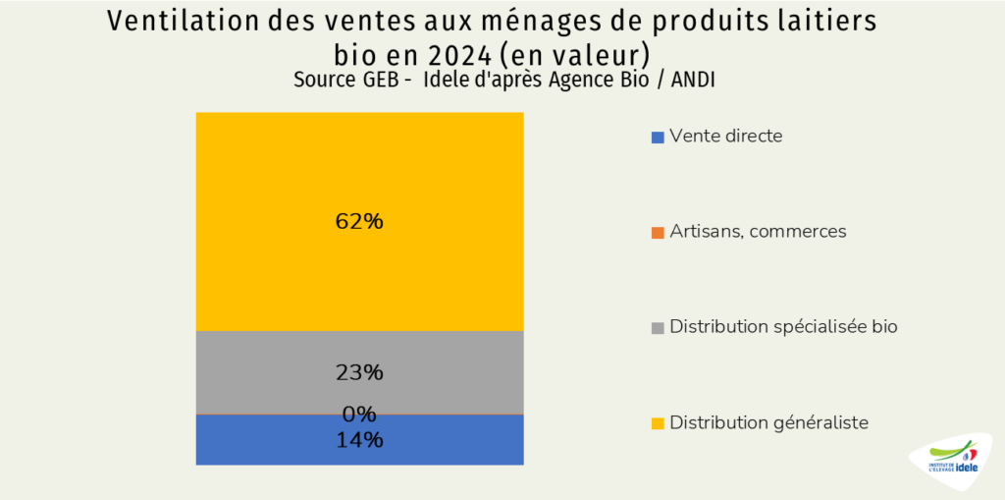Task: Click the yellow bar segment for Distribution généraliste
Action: point(359,177)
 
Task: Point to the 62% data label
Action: point(359,222)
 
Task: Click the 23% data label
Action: point(359,373)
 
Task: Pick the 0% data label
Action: point(359,414)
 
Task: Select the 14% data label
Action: point(359,440)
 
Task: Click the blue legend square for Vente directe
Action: point(658,138)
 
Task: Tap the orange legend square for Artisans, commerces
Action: point(658,233)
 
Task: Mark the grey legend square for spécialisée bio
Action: point(658,328)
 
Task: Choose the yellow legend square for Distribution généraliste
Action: point(658,423)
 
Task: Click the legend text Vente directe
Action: point(726,137)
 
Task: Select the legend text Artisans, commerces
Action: point(758,232)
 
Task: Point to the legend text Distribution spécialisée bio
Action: point(783,327)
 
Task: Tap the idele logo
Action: point(952,458)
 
